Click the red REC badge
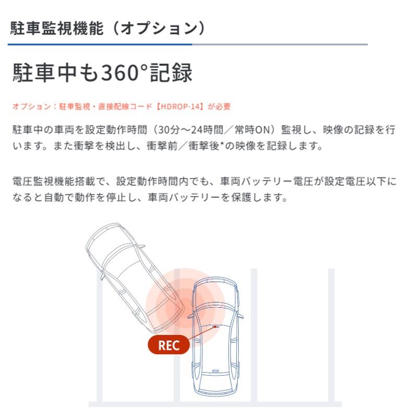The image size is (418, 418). (x=168, y=345)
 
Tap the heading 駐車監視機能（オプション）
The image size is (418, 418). (x=108, y=28)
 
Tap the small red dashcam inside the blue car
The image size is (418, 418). (x=215, y=327)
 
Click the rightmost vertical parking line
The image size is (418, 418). (x=331, y=334)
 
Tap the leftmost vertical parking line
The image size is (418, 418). (x=99, y=340)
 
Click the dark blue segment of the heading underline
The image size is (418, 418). (x=99, y=44)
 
